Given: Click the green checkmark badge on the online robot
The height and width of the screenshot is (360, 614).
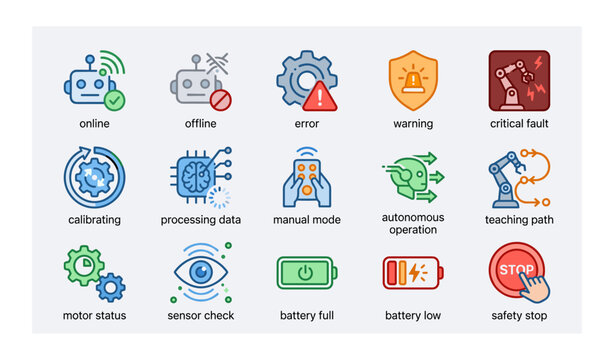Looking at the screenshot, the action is coord(116,100).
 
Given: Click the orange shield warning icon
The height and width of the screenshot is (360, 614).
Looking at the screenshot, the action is coord(413,80).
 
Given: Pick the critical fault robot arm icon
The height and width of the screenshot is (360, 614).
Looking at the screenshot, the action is coord(519,80).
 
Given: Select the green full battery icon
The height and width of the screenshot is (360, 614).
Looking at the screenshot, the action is coord(307,273).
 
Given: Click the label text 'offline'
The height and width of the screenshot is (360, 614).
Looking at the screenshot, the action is coord(200,124).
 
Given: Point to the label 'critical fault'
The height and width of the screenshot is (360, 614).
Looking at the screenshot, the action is coord(519,124).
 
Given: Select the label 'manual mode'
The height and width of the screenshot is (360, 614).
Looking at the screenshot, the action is coord(307,220).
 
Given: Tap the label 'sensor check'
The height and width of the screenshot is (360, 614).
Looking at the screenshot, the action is coord(200,316).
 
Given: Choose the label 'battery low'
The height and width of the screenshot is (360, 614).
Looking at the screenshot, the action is coord(413,316).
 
